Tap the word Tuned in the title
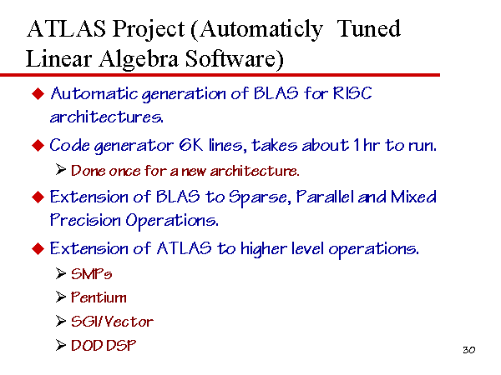click(369, 28)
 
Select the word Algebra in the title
click(139, 59)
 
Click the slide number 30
click(468, 350)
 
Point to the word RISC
click(352, 93)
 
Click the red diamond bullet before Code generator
click(38, 145)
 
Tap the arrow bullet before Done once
click(60, 169)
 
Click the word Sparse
click(259, 197)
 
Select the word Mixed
click(413, 197)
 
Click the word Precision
click(85, 220)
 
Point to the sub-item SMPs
click(91, 274)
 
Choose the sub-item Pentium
click(99, 297)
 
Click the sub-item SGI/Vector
click(112, 321)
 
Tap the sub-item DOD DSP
click(104, 345)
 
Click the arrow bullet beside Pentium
click(60, 297)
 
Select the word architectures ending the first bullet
click(106, 117)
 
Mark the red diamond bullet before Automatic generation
click(38, 93)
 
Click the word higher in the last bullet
click(263, 249)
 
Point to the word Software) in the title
click(234, 59)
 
